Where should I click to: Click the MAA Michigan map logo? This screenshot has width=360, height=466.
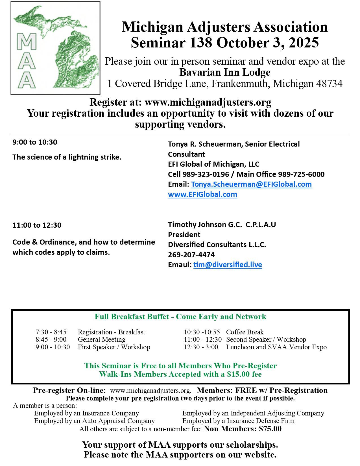pos(56,48)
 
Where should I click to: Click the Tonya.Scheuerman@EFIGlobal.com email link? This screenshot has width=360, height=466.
pos(251,184)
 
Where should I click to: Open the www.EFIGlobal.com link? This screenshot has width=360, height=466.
pos(202,195)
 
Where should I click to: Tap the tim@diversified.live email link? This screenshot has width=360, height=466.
pos(228,265)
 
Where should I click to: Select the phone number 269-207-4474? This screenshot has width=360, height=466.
pos(191,255)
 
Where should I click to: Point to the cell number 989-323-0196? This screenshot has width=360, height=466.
pos(206,174)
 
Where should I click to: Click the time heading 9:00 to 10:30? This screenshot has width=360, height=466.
pos(35,142)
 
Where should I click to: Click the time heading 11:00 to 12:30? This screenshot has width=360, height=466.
pos(37,225)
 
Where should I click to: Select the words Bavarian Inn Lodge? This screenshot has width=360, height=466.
pos(225,73)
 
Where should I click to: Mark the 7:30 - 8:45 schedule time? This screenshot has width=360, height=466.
pos(51,332)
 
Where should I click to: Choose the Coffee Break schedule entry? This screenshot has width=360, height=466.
pos(245,332)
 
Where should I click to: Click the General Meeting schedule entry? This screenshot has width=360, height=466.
pos(102,339)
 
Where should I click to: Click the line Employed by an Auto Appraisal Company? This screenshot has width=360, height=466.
pos(94,421)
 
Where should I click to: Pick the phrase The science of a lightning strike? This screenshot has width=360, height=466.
pos(67,157)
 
